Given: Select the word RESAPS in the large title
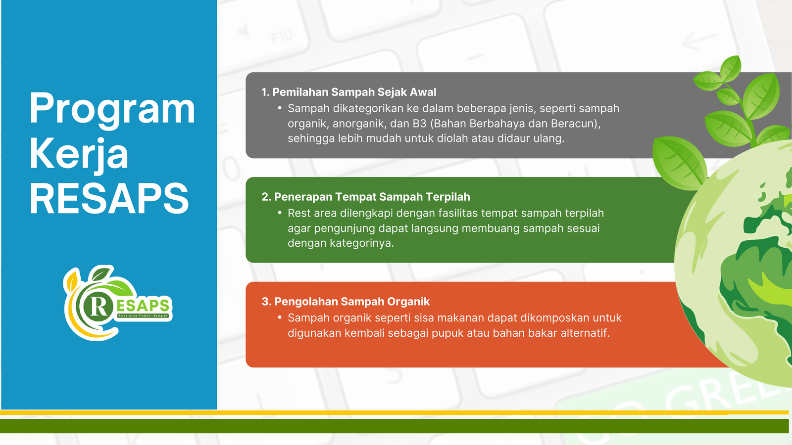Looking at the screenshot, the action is coord(109,198).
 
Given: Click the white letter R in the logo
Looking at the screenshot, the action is coord(99,306).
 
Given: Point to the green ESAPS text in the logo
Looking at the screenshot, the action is coord(143,305).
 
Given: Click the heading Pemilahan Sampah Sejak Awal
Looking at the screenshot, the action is coord(354,92).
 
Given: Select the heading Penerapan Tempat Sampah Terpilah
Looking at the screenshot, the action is coord(372,197).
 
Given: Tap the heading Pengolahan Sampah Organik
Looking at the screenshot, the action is coord(352,302).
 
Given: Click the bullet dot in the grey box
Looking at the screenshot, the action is coord(280,108).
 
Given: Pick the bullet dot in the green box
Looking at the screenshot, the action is coord(280,213).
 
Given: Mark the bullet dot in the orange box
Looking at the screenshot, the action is coord(280,317).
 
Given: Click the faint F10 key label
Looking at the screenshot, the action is coord(282,37).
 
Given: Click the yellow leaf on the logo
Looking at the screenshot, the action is coord(72,281).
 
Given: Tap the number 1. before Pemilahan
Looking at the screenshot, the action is coord(265,92).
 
